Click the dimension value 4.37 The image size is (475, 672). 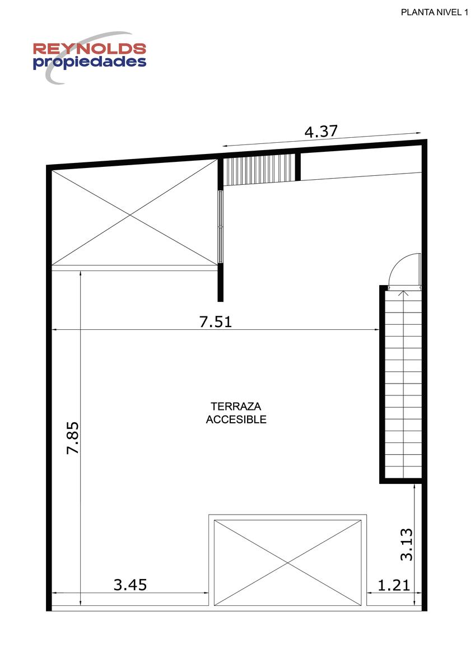pyautogui.click(x=321, y=132)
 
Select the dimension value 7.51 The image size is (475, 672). pyautogui.click(x=216, y=322)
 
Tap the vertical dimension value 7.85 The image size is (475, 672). pyautogui.click(x=73, y=438)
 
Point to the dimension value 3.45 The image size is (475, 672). pyautogui.click(x=130, y=585)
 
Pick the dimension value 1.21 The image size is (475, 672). pyautogui.click(x=393, y=585)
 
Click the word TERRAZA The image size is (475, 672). pyautogui.click(x=236, y=406)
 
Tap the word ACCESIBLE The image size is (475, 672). pyautogui.click(x=236, y=419)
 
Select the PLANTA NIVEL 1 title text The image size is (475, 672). pyautogui.click(x=435, y=12)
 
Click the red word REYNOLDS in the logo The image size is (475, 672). pyautogui.click(x=90, y=49)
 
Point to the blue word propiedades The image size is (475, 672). pyautogui.click(x=90, y=62)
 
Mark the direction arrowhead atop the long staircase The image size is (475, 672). pyautogui.click(x=404, y=293)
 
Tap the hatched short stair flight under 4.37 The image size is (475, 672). pyautogui.click(x=259, y=170)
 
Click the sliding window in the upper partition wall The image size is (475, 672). pyautogui.click(x=221, y=226)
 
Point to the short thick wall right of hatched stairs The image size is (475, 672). pyautogui.click(x=297, y=167)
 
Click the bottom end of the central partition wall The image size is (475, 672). pyautogui.click(x=221, y=301)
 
